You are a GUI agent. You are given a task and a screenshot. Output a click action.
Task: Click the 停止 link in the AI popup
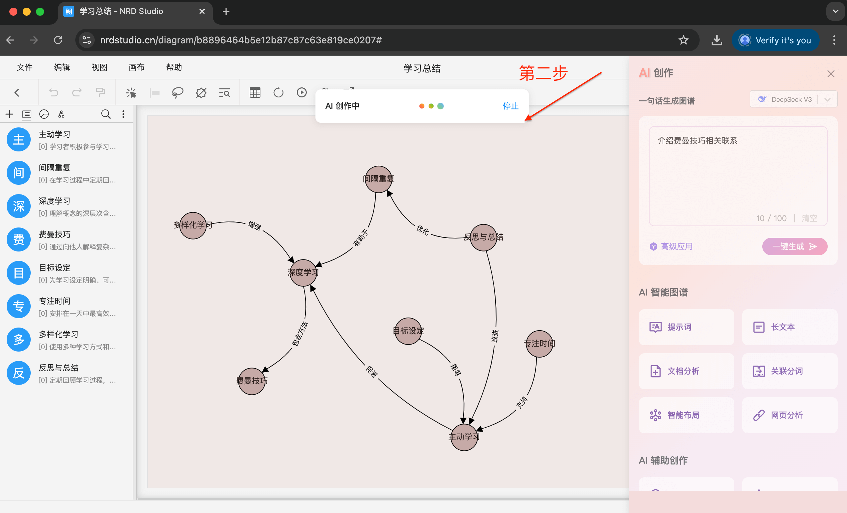pos(510,106)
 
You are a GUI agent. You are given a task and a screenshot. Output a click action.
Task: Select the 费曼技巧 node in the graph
pos(252,381)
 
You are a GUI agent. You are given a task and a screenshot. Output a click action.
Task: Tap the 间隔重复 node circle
pos(378,179)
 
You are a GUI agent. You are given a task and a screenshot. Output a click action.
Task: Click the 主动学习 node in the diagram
pos(464,437)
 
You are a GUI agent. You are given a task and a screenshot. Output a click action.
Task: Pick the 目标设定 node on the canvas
pos(408,331)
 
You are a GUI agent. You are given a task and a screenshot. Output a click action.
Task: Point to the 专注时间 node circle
pos(539,344)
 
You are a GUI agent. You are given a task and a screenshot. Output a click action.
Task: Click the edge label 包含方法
pos(300,334)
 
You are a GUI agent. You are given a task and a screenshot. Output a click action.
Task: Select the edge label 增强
pos(255,225)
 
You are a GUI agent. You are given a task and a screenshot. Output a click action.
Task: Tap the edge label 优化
pos(422,230)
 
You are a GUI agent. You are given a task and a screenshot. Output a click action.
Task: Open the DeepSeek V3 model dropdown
pos(793,100)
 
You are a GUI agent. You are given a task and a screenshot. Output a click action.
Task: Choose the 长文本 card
pos(789,327)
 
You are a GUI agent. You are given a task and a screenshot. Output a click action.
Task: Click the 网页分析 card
pos(789,415)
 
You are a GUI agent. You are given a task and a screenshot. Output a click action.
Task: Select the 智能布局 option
pos(686,415)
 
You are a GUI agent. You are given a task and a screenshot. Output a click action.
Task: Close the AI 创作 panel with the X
pos(831,74)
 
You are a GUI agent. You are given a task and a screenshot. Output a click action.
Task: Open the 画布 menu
pos(136,67)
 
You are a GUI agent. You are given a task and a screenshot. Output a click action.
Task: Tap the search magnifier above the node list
pos(106,114)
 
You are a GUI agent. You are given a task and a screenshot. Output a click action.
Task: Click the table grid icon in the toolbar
pos(255,92)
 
